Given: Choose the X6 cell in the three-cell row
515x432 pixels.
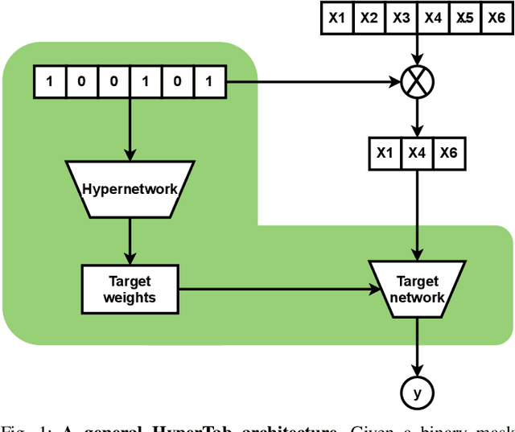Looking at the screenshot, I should [448, 154].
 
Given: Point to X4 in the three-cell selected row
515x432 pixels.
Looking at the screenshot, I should [417, 154].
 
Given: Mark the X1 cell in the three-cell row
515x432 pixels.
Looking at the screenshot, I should [385, 154].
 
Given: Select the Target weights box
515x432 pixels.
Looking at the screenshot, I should [130, 290].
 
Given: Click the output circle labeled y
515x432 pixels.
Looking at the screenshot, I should [417, 393].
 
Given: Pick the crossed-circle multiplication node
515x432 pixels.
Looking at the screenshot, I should [417, 81].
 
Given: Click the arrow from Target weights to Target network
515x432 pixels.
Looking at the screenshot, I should [274, 290].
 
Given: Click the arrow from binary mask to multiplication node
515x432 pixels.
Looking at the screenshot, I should [314, 81].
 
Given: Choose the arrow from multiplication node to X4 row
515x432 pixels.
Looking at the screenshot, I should [417, 117].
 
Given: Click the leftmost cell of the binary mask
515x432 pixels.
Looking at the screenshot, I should [49, 81].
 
